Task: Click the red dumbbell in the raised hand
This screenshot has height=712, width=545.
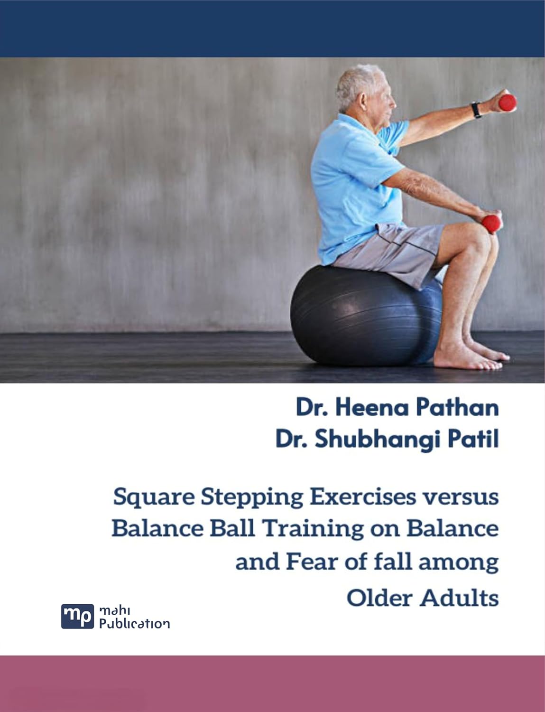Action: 507,102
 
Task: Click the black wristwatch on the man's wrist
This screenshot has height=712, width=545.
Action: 476,110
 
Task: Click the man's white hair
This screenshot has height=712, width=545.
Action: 356,83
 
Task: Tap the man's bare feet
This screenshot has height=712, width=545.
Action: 470,358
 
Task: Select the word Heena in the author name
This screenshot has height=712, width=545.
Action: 370,408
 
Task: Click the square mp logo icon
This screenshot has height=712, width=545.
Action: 77,616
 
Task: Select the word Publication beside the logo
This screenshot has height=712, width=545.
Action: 134,624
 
